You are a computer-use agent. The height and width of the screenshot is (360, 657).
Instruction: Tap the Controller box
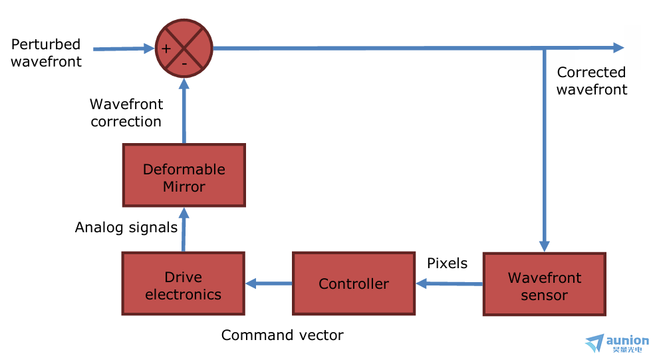[x=353, y=283]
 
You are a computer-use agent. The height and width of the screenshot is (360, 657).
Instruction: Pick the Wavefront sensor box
[x=544, y=284]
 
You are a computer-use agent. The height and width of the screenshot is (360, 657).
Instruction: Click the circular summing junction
[x=184, y=48]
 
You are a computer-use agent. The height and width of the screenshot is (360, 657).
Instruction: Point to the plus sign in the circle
[x=166, y=48]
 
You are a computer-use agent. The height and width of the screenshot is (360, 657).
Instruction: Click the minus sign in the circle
[x=184, y=65]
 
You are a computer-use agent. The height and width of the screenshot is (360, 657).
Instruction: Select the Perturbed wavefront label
[x=46, y=53]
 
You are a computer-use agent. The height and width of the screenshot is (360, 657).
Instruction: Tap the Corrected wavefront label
[x=591, y=81]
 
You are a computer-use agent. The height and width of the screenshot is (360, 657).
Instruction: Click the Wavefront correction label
[x=126, y=112]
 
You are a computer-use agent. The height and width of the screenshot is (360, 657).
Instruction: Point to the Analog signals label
[x=126, y=228]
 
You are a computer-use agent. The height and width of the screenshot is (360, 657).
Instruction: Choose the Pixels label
[x=447, y=264]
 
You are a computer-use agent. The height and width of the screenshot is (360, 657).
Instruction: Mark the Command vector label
[x=282, y=335]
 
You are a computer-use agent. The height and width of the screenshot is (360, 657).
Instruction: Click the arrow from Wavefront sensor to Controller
[x=450, y=284]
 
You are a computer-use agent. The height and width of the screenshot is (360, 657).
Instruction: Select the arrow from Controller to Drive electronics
[x=269, y=283]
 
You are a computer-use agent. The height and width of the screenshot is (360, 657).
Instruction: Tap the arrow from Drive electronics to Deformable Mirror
[x=184, y=230]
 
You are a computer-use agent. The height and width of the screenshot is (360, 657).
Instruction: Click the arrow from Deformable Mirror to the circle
[x=184, y=110]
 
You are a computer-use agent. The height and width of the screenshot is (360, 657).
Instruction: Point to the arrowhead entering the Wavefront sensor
[x=545, y=245]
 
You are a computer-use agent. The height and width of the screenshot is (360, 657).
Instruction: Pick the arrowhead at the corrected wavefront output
[x=618, y=47]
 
